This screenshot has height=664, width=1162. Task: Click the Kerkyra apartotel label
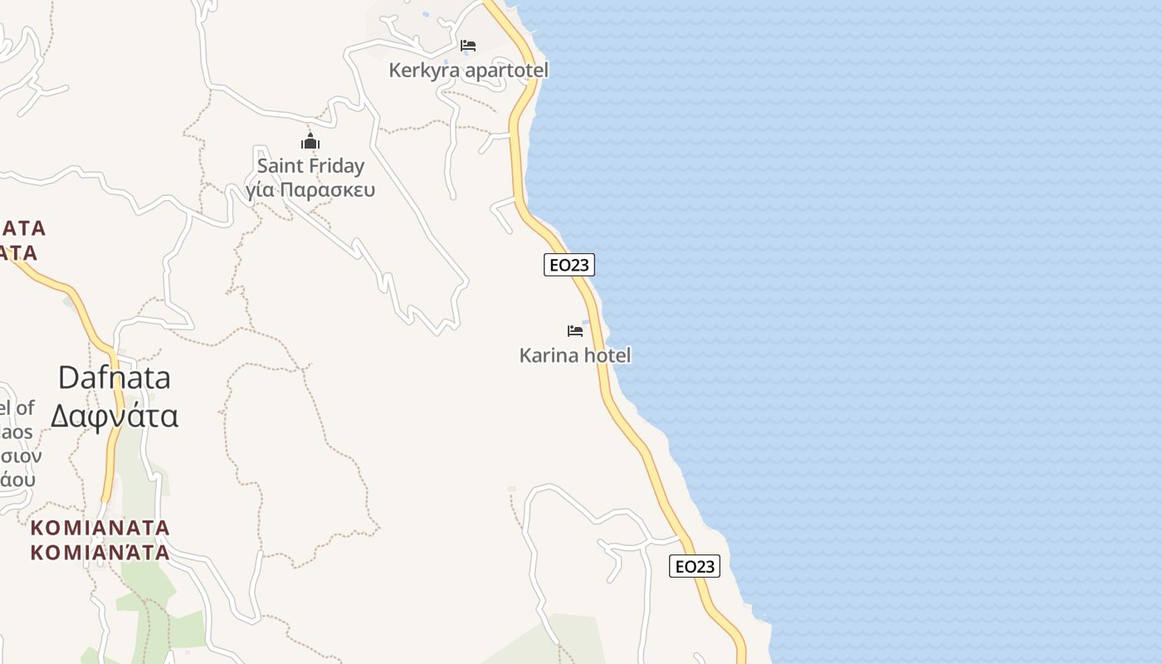[x=468, y=70]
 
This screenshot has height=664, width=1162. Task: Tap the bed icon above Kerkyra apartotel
[x=468, y=45]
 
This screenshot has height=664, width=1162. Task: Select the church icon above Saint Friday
[x=310, y=142]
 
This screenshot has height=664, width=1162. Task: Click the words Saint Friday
[x=310, y=166]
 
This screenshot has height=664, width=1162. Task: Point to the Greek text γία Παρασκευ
[x=310, y=190]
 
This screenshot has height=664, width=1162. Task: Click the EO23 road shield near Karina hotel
[x=569, y=265]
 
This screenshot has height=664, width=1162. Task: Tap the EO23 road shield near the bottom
[x=695, y=566]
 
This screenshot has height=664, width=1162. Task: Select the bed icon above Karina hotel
[x=575, y=331]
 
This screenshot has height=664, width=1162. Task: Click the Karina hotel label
[x=574, y=355]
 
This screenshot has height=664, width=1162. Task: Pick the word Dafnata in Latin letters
[x=115, y=378]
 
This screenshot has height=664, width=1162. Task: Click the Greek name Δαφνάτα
[x=115, y=415]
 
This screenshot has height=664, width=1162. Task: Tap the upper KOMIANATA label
[x=100, y=528]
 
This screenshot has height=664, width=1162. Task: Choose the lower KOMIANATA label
[x=100, y=552]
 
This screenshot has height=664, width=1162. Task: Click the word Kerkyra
[x=423, y=70]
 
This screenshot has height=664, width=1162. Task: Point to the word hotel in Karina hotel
[x=607, y=355]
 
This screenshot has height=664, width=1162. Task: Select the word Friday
[x=335, y=166]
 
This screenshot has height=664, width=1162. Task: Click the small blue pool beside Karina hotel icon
[x=587, y=322]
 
